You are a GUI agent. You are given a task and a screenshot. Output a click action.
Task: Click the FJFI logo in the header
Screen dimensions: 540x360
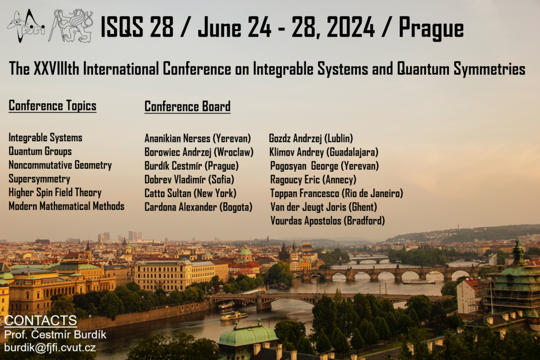26,26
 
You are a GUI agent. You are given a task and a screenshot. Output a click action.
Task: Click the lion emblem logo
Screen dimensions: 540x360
71,26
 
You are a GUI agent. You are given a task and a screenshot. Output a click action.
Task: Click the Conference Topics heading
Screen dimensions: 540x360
52,105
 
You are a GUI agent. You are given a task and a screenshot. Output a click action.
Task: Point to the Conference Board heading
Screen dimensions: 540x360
187,106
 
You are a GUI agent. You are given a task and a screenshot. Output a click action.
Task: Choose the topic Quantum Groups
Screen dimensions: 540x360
40,151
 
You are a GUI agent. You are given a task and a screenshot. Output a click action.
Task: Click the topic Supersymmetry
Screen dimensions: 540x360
39,179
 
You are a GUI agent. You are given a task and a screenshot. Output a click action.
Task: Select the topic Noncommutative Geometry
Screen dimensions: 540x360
60,165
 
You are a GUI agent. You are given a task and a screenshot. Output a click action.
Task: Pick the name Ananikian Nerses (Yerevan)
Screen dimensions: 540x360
198,138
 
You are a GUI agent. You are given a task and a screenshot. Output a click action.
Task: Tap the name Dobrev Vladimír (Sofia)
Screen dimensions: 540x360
189,180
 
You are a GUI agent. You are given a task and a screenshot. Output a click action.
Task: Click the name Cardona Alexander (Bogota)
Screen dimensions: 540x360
198,207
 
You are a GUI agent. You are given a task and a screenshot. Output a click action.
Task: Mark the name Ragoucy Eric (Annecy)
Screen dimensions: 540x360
313,180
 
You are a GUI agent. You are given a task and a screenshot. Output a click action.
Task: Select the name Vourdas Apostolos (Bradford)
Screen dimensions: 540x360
327,221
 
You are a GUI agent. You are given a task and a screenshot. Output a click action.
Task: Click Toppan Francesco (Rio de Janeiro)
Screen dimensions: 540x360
336,193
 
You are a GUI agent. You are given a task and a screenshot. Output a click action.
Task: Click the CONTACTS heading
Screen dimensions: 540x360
40,320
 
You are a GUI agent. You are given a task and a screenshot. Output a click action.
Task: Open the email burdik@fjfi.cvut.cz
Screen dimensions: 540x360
50,347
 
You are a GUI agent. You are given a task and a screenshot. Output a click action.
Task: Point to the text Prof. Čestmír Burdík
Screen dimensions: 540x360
55,335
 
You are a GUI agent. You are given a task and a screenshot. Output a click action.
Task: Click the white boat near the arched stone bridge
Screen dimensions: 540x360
419,282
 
